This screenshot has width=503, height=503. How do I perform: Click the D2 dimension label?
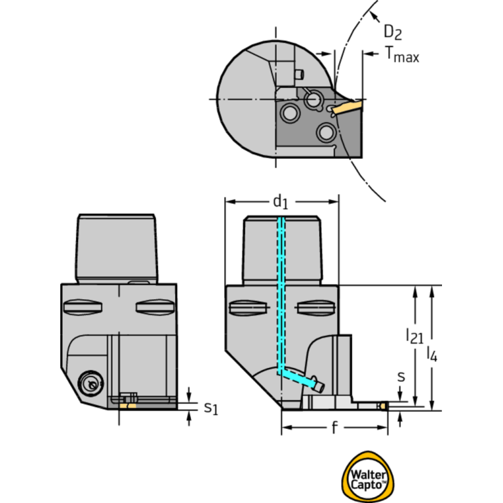click(392, 32)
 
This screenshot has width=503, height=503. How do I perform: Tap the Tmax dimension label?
click(402, 54)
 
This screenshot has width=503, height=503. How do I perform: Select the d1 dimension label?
click(281, 202)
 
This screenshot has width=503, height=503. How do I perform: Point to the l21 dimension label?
click(414, 336)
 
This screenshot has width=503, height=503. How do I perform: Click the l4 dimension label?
click(432, 354)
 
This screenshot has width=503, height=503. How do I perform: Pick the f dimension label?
click(334, 428)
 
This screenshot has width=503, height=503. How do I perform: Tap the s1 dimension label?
click(211, 408)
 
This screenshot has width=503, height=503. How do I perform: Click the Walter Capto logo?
click(368, 477)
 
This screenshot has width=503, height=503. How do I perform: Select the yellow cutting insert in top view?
click(348, 107)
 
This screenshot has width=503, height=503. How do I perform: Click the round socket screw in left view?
click(91, 382)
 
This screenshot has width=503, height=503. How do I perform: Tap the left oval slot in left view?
click(83, 308)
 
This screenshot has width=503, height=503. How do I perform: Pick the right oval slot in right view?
click(317, 308)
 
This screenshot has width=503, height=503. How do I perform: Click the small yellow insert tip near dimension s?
click(384, 407)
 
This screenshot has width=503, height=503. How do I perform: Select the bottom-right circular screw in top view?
click(326, 132)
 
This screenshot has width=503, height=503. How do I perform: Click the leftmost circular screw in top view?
click(290, 113)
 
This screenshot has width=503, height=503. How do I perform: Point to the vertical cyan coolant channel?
click(281, 294)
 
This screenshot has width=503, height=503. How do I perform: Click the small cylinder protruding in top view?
click(299, 75)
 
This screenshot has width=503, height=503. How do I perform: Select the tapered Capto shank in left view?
click(117, 249)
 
